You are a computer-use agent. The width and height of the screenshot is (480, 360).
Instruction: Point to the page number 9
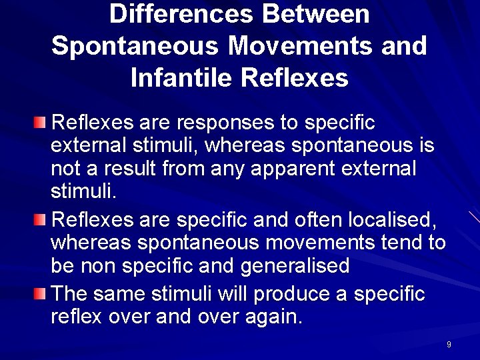pyautogui.click(x=449, y=345)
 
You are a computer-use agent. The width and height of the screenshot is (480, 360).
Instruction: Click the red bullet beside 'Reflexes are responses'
pyautogui.click(x=42, y=123)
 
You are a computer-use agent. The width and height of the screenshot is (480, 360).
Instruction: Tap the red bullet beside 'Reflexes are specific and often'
pyautogui.click(x=42, y=219)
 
